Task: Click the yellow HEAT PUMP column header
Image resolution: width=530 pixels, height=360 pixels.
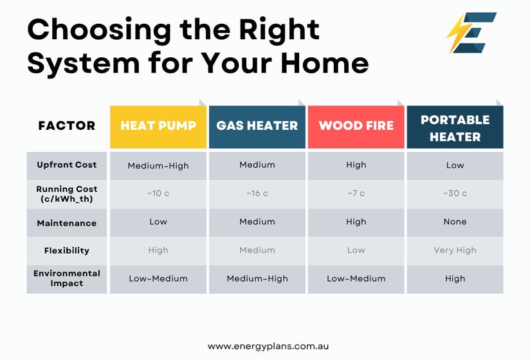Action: pyautogui.click(x=158, y=127)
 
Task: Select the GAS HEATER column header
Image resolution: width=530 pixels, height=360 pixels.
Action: pyautogui.click(x=257, y=127)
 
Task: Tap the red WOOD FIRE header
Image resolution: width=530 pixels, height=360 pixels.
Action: pyautogui.click(x=356, y=127)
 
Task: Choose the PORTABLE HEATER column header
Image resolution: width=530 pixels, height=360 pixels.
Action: pyautogui.click(x=455, y=127)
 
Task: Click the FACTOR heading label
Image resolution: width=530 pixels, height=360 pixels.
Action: pyautogui.click(x=67, y=125)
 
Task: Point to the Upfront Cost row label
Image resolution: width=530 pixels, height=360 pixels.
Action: pyautogui.click(x=67, y=165)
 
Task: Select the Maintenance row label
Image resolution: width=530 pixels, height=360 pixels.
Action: pyautogui.click(x=67, y=223)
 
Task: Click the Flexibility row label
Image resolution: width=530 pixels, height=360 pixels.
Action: pyautogui.click(x=67, y=251)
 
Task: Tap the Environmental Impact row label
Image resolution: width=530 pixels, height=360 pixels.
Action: pyautogui.click(x=67, y=278)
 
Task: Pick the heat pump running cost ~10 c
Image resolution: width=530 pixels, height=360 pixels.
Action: pyautogui.click(x=158, y=194)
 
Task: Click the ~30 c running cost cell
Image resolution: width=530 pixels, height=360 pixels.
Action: pyautogui.click(x=455, y=194)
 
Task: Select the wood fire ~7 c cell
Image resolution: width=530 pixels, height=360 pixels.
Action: pyautogui.click(x=356, y=194)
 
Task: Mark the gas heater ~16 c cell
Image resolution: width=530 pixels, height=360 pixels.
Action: pyautogui.click(x=257, y=194)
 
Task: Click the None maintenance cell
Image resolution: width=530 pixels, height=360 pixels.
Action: pyautogui.click(x=455, y=222)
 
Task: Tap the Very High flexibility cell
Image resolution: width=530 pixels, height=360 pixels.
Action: pyautogui.click(x=455, y=250)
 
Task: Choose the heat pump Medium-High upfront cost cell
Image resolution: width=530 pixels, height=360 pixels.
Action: pyautogui.click(x=158, y=166)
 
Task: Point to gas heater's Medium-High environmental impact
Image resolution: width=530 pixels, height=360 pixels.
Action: pyautogui.click(x=257, y=278)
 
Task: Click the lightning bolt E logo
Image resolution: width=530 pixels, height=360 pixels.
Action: pyautogui.click(x=471, y=33)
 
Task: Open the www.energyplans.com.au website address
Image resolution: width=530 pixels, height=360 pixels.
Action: pyautogui.click(x=268, y=346)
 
